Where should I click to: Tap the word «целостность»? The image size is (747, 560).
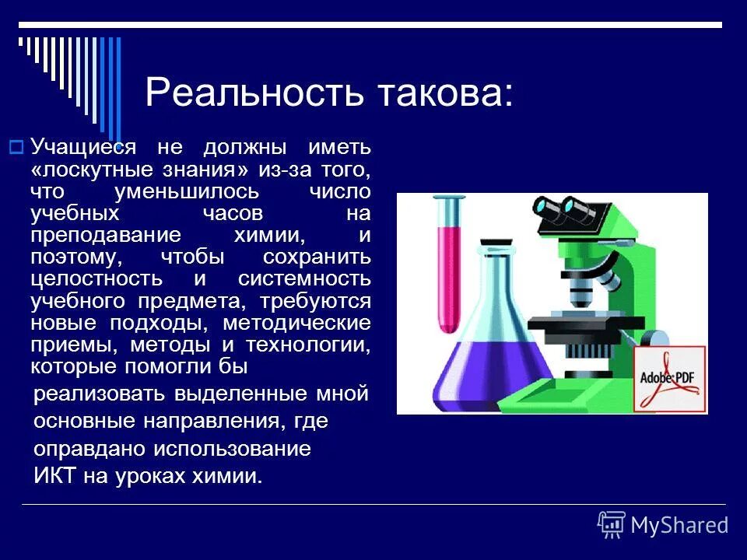[x=96, y=278]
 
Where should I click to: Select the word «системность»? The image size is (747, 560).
[x=304, y=278]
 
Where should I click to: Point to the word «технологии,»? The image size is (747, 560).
[x=308, y=344]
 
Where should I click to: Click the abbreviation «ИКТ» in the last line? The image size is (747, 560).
[x=54, y=476]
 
